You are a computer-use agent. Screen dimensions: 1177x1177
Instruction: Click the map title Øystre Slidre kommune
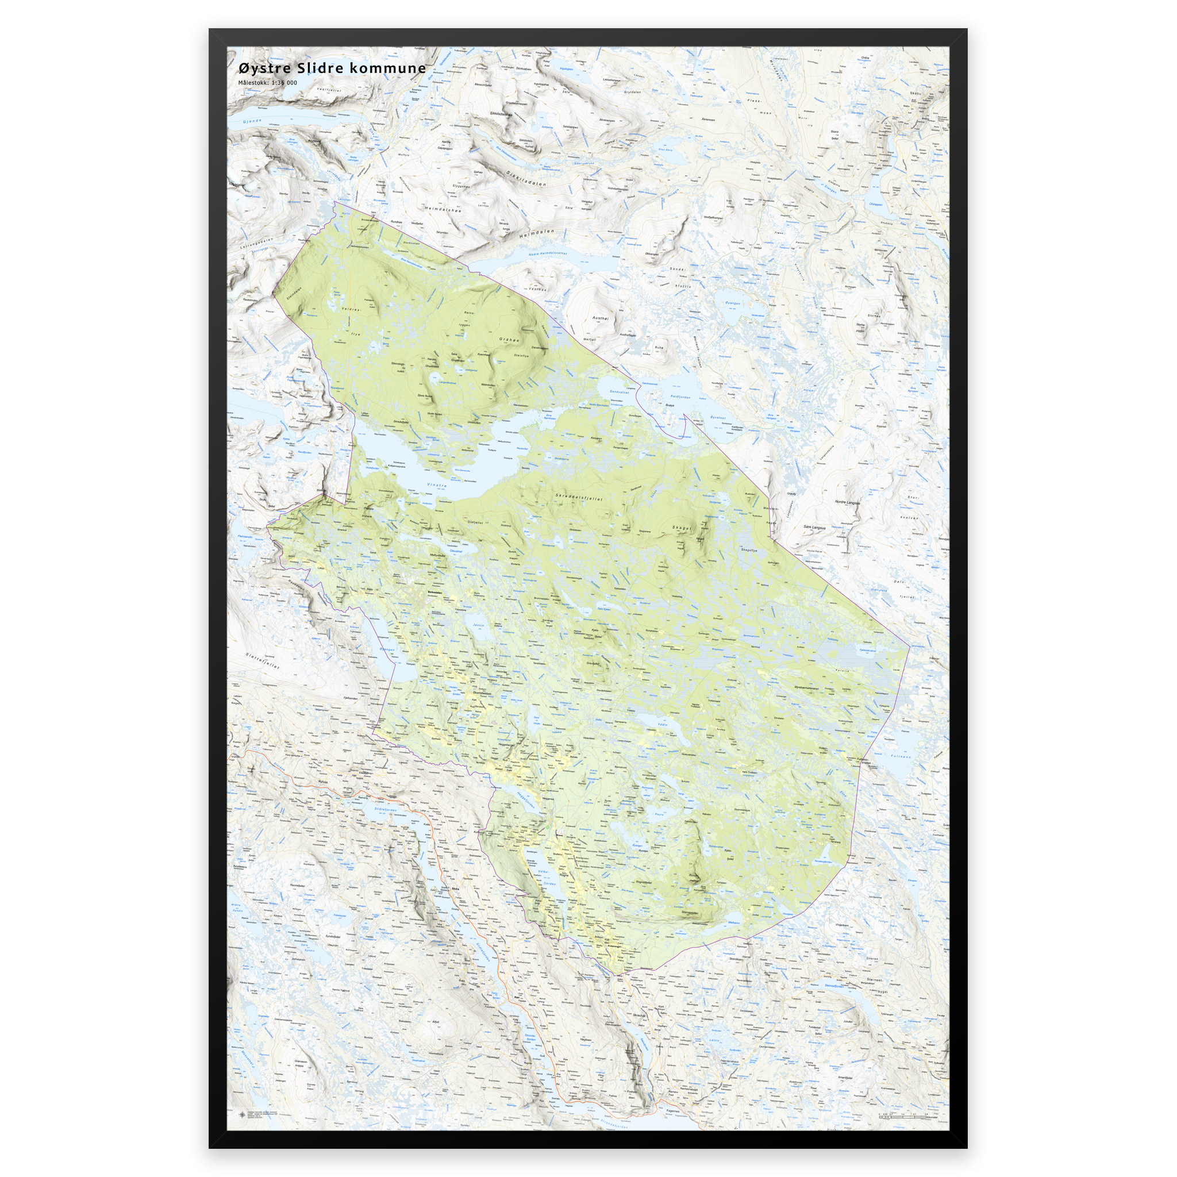pyautogui.click(x=332, y=68)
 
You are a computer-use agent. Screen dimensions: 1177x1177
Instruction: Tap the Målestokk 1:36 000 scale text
pyautogui.click(x=267, y=83)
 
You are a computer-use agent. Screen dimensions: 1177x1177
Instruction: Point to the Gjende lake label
pyautogui.click(x=252, y=121)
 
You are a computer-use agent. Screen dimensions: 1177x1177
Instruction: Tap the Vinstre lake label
pyautogui.click(x=436, y=485)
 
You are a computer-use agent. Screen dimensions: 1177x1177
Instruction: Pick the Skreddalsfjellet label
pyautogui.click(x=579, y=498)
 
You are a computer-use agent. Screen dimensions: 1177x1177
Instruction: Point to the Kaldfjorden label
pyautogui.click(x=680, y=397)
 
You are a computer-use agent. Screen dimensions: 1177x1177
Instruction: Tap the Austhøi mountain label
pyautogui.click(x=601, y=317)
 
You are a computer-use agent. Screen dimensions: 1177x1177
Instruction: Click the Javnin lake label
pyautogui.click(x=478, y=625)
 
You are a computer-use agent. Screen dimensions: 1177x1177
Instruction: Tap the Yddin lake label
pyautogui.click(x=663, y=724)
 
